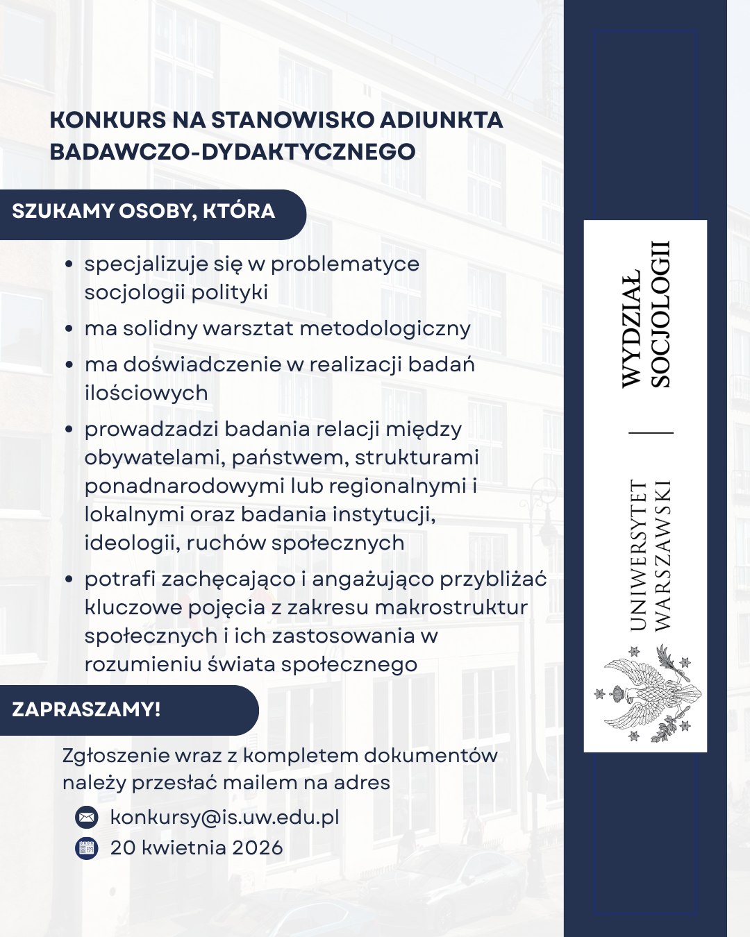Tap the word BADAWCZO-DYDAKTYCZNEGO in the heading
(233, 151)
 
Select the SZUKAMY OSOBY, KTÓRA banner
(144, 212)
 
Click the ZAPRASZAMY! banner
(87, 709)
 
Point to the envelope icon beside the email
(86, 818)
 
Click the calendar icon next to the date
(86, 848)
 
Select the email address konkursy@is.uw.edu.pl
(224, 817)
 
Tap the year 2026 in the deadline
(257, 847)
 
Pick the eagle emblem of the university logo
(647, 693)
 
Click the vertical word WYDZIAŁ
(631, 328)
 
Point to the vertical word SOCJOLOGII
(660, 314)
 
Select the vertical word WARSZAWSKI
(662, 555)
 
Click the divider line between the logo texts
(651, 433)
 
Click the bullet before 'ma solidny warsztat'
(69, 328)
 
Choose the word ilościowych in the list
(146, 393)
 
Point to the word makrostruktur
(451, 607)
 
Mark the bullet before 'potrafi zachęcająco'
(69, 579)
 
